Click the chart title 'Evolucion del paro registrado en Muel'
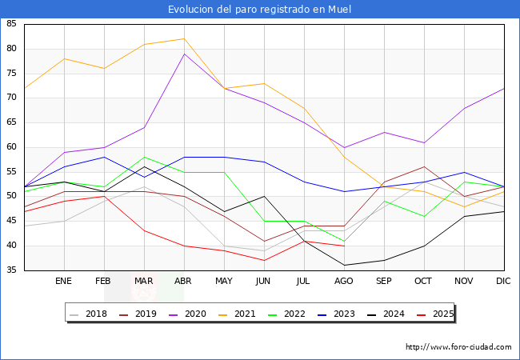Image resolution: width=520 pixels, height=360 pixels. (259, 10)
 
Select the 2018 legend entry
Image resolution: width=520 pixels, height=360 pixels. (89, 314)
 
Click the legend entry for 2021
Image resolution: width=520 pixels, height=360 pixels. (237, 314)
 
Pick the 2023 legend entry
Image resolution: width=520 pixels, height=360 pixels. (336, 314)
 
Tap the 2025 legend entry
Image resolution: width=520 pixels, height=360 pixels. (435, 314)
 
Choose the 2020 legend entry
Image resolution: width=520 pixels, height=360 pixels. (188, 314)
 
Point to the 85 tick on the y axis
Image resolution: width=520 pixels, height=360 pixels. (11, 23)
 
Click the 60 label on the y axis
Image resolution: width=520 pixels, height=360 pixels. (11, 147)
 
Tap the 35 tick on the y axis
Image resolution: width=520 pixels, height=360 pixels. (11, 270)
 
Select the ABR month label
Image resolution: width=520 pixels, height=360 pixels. (183, 281)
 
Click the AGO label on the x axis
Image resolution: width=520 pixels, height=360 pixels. (343, 281)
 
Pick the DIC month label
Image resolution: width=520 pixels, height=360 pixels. (503, 281)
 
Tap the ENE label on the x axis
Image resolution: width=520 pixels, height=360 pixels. (63, 281)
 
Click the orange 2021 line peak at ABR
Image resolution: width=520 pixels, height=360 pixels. (184, 38)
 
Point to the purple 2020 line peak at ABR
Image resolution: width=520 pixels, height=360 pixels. (184, 54)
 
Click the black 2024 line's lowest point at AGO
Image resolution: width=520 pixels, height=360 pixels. (345, 265)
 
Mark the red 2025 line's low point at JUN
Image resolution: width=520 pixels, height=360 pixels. (264, 261)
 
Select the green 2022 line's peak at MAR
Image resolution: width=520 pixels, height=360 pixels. (144, 157)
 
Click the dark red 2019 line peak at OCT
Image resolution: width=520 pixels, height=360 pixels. (425, 166)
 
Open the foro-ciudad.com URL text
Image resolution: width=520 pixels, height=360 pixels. (458, 347)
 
